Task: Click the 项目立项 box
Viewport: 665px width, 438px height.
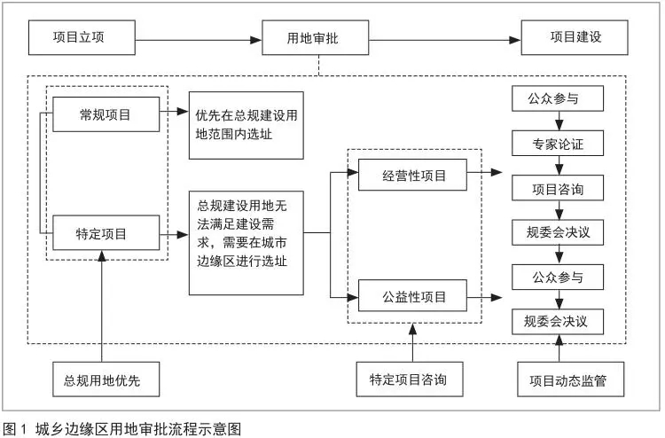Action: pos(82,38)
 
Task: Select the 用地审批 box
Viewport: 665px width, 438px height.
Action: pos(315,38)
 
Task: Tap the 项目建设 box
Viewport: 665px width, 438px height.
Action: pos(575,38)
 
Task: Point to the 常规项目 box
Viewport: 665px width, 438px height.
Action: pos(106,114)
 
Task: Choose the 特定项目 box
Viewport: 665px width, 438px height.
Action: pos(106,233)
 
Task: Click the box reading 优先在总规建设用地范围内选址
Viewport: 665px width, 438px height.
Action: pos(246,126)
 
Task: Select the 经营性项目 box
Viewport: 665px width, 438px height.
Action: pos(412,175)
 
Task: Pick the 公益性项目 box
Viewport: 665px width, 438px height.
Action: pos(412,295)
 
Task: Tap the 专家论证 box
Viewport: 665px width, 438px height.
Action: pos(558,144)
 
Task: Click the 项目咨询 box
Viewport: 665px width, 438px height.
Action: pos(558,188)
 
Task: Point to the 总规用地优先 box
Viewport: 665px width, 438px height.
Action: pos(106,379)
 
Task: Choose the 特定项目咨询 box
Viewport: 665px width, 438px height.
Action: pos(410,379)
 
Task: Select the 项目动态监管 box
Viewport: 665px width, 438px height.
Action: pos(570,379)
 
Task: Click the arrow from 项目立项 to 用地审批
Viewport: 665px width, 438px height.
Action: pos(199,40)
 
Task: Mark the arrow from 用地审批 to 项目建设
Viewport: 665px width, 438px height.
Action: pos(445,40)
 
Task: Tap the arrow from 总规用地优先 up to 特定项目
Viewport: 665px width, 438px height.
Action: pos(102,306)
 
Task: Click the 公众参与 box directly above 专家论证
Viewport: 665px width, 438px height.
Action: pos(558,98)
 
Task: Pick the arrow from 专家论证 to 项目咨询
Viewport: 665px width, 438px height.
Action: pos(559,166)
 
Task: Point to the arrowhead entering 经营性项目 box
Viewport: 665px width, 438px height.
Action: pos(353,172)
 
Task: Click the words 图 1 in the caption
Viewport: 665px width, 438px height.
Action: pos(15,428)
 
